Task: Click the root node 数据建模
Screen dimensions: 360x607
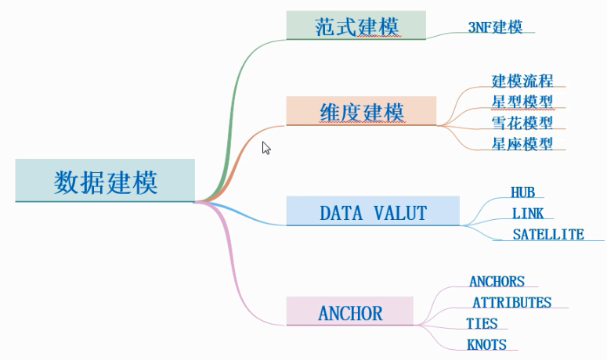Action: tap(105, 181)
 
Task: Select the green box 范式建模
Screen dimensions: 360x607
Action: tap(356, 25)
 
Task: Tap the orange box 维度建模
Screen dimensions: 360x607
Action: tap(361, 112)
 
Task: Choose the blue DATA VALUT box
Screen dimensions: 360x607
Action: tap(373, 212)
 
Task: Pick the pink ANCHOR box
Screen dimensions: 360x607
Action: tap(349, 313)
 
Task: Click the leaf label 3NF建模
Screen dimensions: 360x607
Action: tap(495, 27)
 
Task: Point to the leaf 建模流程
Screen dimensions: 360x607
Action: tap(522, 81)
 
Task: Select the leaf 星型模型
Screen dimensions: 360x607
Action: tap(522, 102)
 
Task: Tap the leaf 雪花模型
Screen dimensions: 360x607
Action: tap(522, 123)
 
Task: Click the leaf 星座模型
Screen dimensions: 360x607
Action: tap(522, 144)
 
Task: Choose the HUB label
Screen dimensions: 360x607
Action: tap(522, 193)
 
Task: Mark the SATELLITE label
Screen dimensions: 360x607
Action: tap(548, 234)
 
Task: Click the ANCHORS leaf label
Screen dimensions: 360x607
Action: tap(497, 282)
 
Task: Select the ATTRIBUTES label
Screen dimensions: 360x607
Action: tap(511, 302)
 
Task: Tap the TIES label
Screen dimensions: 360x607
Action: tap(482, 323)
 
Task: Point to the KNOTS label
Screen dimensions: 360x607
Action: tap(486, 344)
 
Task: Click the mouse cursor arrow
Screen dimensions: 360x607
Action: tap(266, 147)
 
